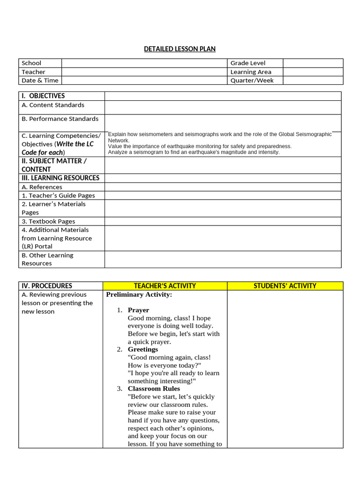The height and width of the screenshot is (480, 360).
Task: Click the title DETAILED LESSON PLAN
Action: [x=180, y=49]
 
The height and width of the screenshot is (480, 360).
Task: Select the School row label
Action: [x=31, y=63]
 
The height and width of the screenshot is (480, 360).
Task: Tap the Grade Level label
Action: [x=247, y=63]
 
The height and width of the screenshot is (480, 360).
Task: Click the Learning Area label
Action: [x=250, y=72]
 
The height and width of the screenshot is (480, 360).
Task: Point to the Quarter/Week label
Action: [x=252, y=80]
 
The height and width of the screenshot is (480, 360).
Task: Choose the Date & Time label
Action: [x=40, y=80]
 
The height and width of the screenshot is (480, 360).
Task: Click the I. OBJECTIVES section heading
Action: [x=43, y=96]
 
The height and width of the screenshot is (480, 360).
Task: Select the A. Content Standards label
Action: [x=53, y=105]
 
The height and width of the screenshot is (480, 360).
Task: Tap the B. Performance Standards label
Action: [x=60, y=119]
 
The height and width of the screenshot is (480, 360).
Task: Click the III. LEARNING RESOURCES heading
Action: [x=60, y=178]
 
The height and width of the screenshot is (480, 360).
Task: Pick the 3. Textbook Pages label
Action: [x=48, y=221]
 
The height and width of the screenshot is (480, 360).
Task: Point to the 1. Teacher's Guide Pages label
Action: [x=58, y=195]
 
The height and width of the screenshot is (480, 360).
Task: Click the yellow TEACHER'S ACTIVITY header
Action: [x=165, y=285]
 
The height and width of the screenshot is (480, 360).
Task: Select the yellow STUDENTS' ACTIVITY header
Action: [x=285, y=285]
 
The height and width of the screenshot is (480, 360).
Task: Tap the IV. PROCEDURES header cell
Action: [x=47, y=285]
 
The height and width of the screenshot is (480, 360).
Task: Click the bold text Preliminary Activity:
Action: [x=139, y=295]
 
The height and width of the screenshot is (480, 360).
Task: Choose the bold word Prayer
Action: [x=138, y=310]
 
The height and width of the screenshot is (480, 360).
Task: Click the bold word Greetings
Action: [x=143, y=349]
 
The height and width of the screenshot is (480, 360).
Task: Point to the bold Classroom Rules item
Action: [x=154, y=389]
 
